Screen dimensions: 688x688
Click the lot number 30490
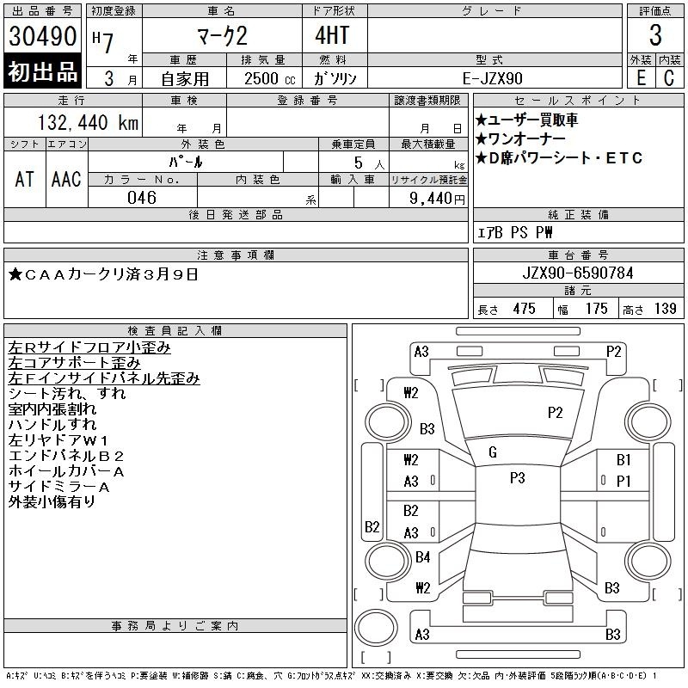click(42, 36)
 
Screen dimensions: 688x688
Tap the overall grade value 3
click(655, 35)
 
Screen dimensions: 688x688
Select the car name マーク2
click(223, 36)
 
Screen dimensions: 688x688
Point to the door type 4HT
click(332, 35)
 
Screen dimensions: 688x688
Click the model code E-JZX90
click(492, 78)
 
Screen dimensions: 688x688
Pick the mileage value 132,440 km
click(89, 122)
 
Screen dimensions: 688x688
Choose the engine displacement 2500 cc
click(269, 78)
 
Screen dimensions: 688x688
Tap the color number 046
click(142, 198)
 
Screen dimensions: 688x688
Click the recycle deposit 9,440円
click(437, 198)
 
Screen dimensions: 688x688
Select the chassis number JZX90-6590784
click(578, 273)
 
